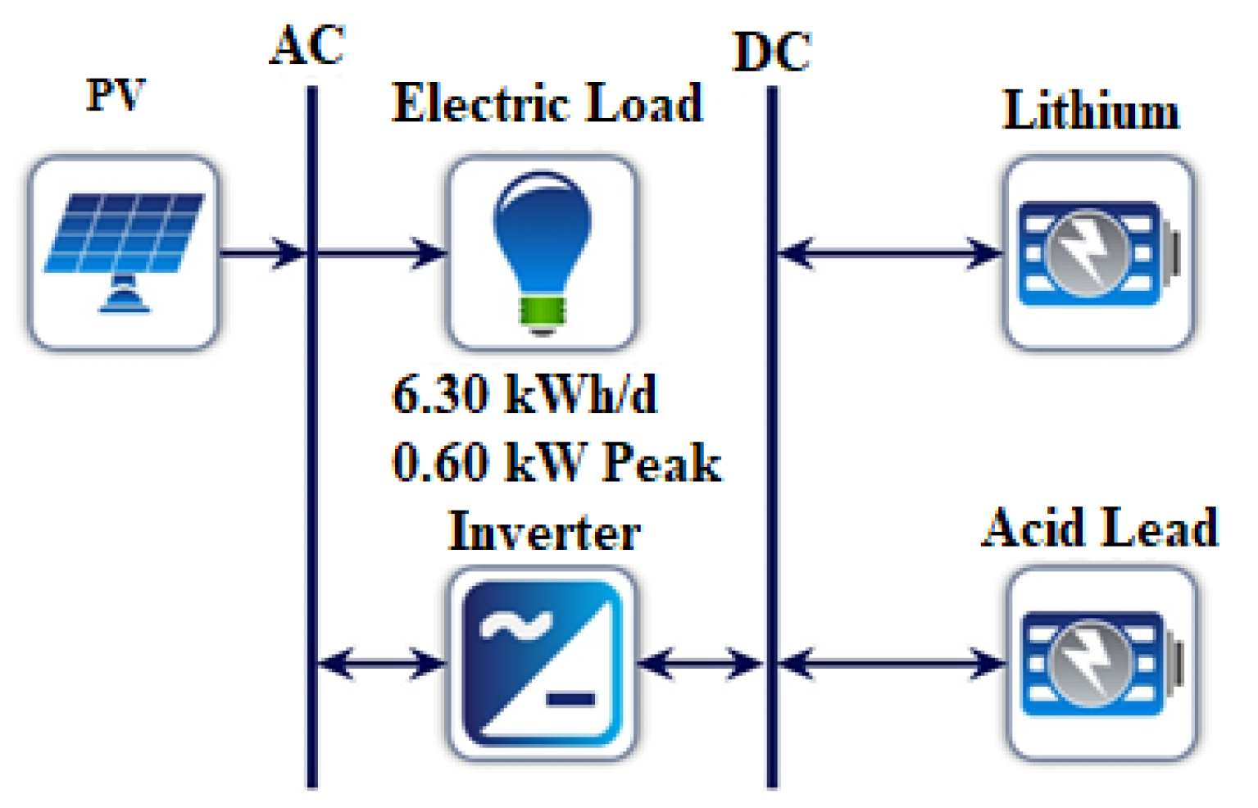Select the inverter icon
pyautogui.click(x=542, y=663)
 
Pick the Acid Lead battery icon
pyautogui.click(x=1101, y=663)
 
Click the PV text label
pyautogui.click(x=116, y=95)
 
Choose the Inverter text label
pyautogui.click(x=544, y=532)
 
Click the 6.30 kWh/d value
pyautogui.click(x=525, y=394)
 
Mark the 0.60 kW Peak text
pyautogui.click(x=556, y=462)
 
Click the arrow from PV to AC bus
pyautogui.click(x=262, y=253)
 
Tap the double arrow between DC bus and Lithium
pyautogui.click(x=889, y=253)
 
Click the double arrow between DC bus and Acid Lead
pyautogui.click(x=891, y=663)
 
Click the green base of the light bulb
pyautogui.click(x=542, y=311)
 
